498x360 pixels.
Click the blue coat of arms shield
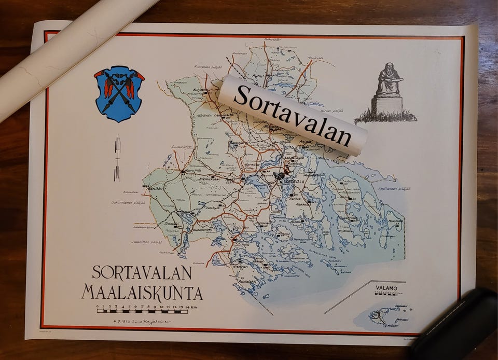click(x=119, y=93)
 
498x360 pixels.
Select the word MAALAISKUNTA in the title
click(x=142, y=293)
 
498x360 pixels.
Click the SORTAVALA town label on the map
click(x=294, y=182)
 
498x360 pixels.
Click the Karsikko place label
click(x=155, y=188)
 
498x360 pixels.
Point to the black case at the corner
click(x=457, y=327)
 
